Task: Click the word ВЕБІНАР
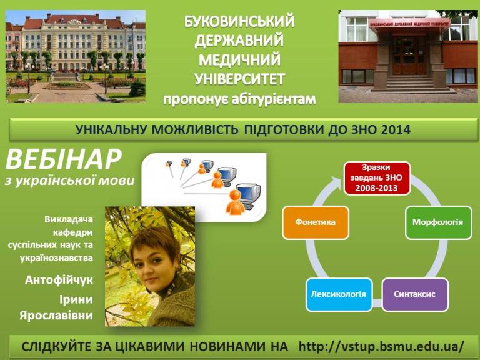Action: coord(63,159)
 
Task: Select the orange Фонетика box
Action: coord(316,222)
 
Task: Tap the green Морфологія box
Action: coord(439,222)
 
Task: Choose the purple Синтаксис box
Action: coord(415,294)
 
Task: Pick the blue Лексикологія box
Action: coord(339,294)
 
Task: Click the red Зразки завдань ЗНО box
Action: coord(377,179)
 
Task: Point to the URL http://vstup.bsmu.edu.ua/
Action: coord(381,346)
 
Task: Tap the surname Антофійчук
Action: coord(59,280)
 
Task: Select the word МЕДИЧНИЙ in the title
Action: coord(240,59)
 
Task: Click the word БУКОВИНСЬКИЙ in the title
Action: coord(239,21)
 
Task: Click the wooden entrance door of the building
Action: coord(409,55)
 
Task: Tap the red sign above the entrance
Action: coord(409,24)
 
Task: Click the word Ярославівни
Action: coord(56,315)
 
